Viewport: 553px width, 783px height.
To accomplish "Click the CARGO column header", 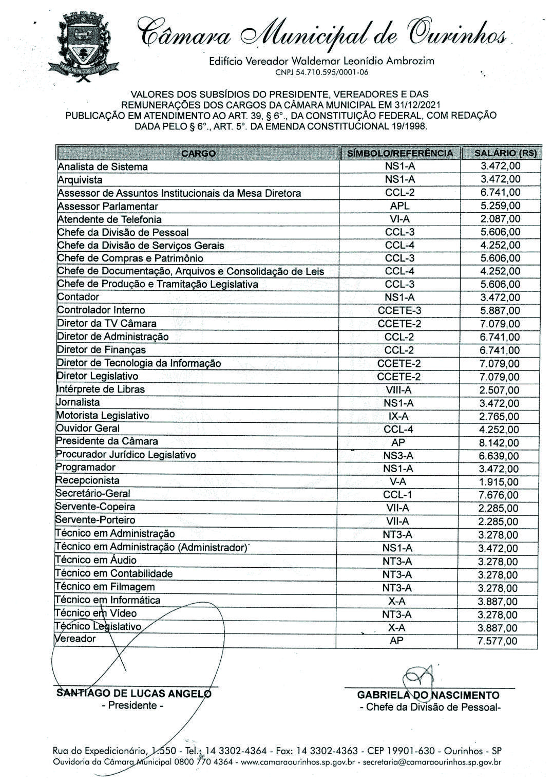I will [198, 153].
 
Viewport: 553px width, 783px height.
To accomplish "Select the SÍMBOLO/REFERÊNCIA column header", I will [400, 153].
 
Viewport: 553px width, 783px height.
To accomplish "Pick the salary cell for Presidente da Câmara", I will [499, 443].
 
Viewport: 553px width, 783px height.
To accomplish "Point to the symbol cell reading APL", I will [399, 206].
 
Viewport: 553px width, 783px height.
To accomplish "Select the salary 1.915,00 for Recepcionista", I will [499, 482].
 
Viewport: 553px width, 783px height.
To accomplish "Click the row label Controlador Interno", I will [101, 310].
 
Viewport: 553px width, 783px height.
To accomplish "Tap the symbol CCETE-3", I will [399, 310].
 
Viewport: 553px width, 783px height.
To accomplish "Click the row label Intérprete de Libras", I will [101, 389].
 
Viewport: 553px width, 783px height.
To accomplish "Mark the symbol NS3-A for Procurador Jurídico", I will [398, 456].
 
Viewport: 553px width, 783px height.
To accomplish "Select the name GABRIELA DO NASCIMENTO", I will [428, 695].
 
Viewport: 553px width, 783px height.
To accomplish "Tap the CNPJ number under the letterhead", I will [321, 72].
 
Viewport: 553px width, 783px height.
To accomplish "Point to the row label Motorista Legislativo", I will [102, 416].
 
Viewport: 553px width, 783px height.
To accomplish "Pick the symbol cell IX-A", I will [399, 416].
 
